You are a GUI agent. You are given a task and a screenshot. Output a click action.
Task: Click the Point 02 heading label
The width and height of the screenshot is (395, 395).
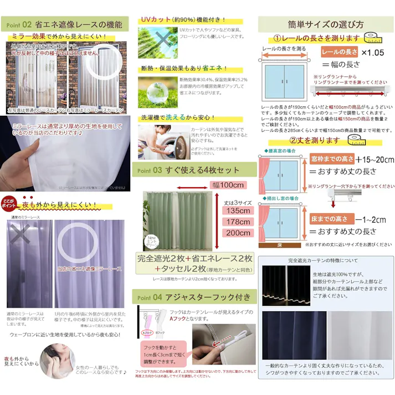18,24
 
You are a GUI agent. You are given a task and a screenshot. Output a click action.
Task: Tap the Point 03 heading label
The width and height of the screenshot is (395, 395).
148,170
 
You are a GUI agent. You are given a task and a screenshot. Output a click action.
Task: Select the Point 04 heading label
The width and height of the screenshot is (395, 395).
148,297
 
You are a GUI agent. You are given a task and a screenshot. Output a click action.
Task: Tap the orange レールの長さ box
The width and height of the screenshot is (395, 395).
339,52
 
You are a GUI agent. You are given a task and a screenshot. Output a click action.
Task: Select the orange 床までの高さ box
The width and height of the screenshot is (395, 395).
330,219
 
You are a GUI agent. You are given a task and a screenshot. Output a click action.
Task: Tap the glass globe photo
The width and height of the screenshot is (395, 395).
157,89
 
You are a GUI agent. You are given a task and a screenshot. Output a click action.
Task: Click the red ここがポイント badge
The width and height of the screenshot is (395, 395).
9,202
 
